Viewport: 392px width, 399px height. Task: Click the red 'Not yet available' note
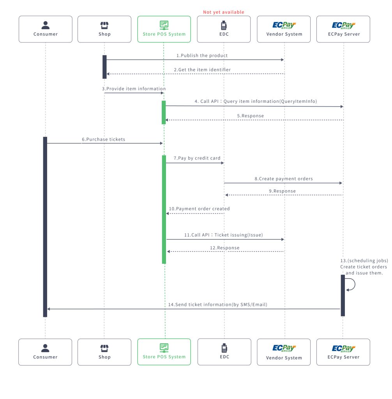coord(224,12)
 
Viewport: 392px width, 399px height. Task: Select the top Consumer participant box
coord(45,29)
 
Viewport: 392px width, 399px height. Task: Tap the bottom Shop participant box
coord(104,352)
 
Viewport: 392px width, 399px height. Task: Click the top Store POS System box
coord(164,29)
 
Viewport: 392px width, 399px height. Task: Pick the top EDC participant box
coord(224,29)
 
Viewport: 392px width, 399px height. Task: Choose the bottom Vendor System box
coord(284,352)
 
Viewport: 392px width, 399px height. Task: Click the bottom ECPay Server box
coord(343,352)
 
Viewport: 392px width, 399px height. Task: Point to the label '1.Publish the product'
coord(202,56)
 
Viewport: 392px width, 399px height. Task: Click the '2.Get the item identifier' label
coord(202,70)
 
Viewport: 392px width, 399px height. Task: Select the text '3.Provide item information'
coord(134,89)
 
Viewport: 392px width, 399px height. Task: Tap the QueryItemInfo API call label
coord(256,101)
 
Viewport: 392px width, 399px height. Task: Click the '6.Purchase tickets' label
coord(104,139)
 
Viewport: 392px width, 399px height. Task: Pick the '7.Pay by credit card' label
coord(197,159)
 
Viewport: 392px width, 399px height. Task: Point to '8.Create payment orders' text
coord(284,179)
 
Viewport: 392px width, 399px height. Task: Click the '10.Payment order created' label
coord(199,209)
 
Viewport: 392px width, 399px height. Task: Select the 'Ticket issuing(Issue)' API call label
coord(224,235)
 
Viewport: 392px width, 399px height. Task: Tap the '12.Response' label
coord(224,248)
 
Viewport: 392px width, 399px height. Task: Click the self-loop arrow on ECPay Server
coord(351,284)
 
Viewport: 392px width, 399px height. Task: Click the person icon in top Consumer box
coord(45,25)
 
